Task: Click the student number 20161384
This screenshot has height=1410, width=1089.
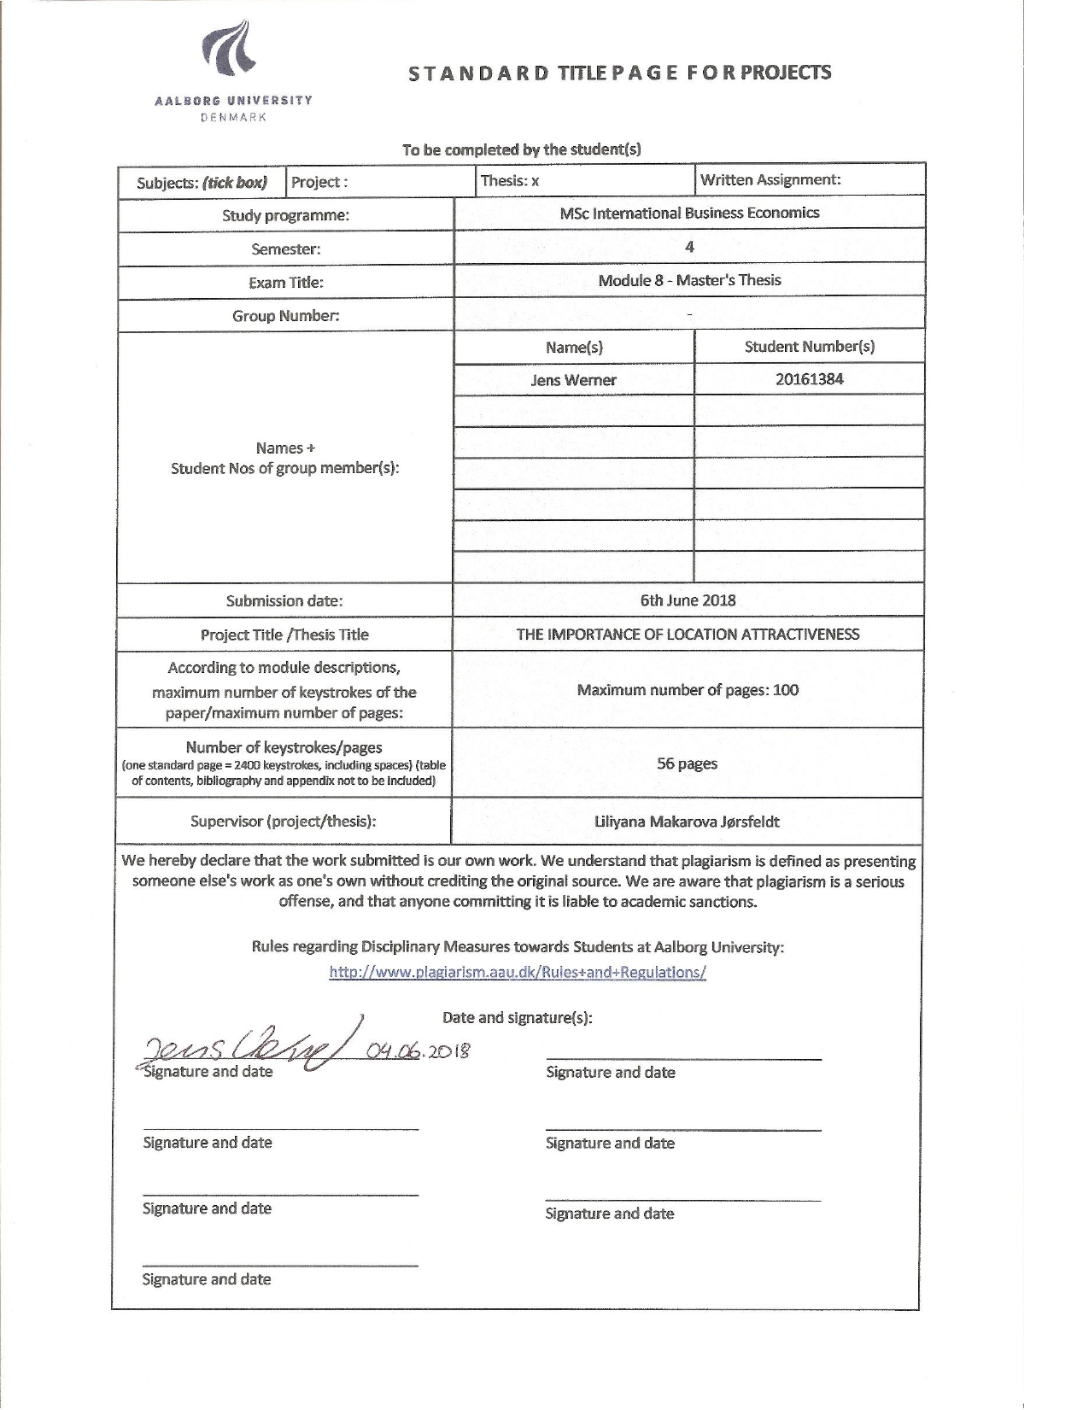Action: [x=809, y=379]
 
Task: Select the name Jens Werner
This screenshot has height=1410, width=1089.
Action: [x=573, y=380]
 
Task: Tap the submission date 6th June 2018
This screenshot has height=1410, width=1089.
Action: [x=688, y=600]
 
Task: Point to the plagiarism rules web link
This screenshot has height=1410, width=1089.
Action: [x=518, y=972]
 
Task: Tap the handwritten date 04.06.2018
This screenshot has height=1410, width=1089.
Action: [x=419, y=1051]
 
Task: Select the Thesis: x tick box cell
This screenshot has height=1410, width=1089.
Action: [x=510, y=181]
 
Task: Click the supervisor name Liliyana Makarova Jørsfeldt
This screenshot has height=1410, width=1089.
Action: [x=687, y=822]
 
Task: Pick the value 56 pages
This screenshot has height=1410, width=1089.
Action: [x=687, y=764]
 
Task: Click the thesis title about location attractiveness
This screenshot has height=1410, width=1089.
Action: [x=688, y=634]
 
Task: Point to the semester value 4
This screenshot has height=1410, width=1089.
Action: [x=689, y=248]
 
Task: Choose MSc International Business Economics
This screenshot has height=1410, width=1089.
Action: [x=689, y=214]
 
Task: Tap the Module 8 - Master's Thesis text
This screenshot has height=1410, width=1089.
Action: [x=689, y=280]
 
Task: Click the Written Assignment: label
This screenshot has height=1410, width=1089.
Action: [x=770, y=179]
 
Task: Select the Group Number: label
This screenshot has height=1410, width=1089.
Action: [x=285, y=316]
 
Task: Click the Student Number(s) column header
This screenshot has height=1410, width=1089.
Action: [x=809, y=347]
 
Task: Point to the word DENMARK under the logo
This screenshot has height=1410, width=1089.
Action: [x=233, y=117]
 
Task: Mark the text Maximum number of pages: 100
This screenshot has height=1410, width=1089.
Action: [x=688, y=690]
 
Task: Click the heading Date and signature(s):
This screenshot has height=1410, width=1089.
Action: [x=517, y=1017]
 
